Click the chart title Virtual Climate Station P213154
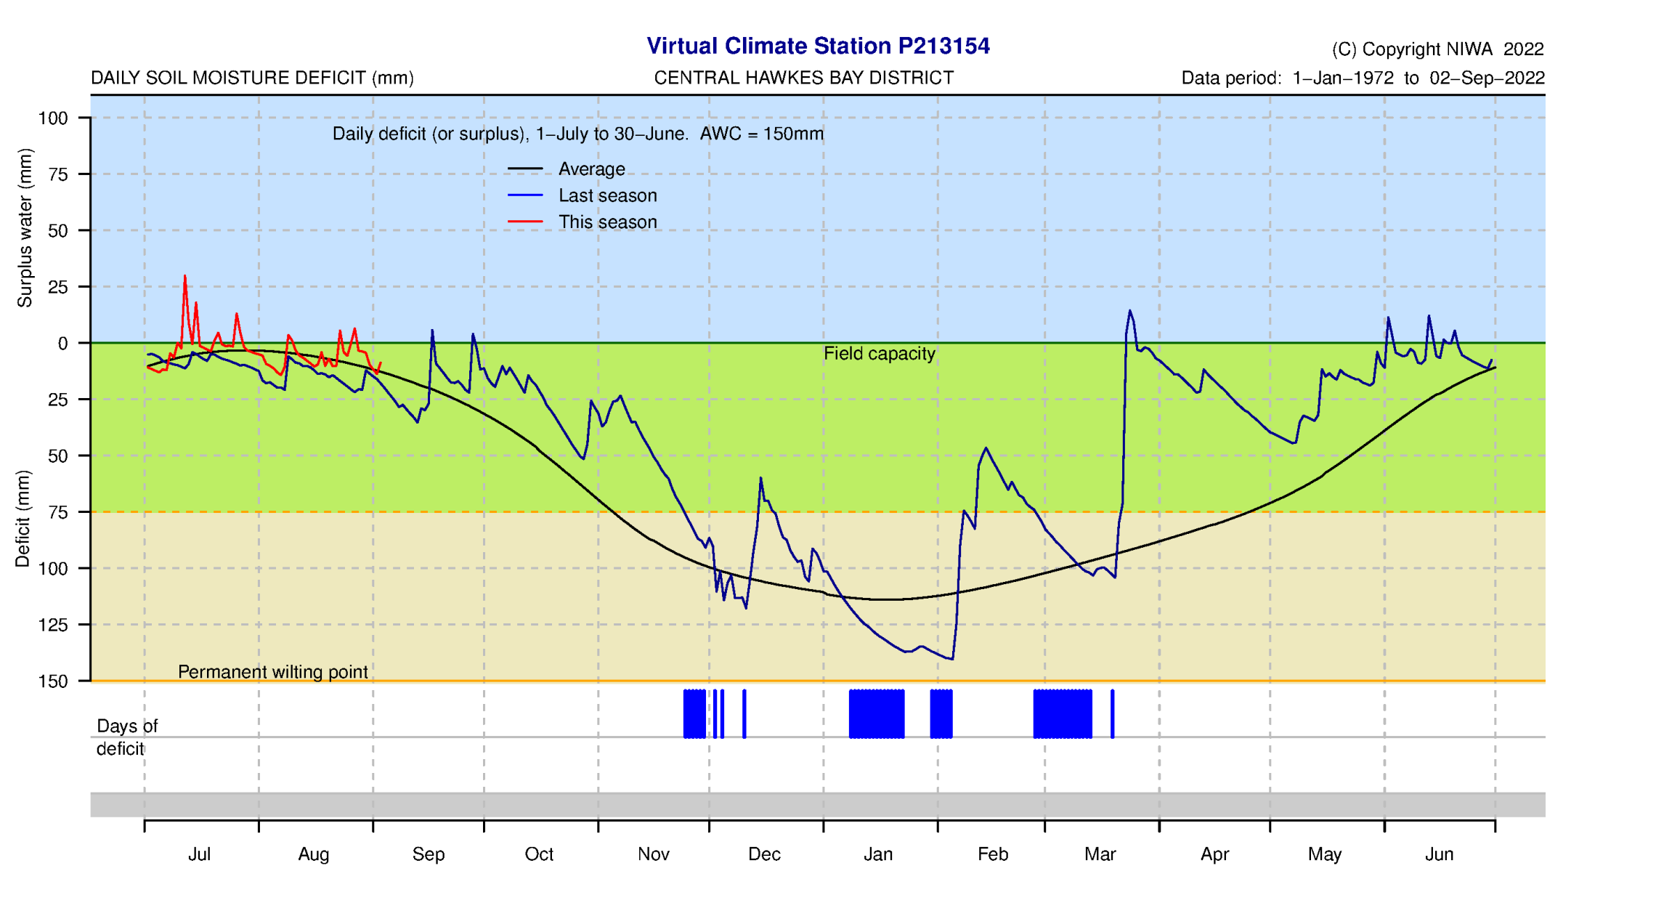[x=818, y=46]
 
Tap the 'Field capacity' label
[x=879, y=354]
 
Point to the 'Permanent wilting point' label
[x=272, y=672]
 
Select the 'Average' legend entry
[x=591, y=169]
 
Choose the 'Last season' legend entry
[x=607, y=196]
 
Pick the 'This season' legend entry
[x=607, y=222]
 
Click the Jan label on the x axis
[x=878, y=854]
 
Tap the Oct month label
[x=539, y=854]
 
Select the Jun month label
[x=1439, y=854]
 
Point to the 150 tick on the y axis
[x=53, y=681]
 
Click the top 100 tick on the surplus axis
[x=53, y=118]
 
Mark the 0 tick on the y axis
[x=62, y=344]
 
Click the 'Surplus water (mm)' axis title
[x=25, y=228]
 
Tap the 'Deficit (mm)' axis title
[x=23, y=519]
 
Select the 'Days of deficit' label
[x=126, y=737]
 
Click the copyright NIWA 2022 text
[x=1437, y=49]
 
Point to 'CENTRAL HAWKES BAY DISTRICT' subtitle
[x=803, y=78]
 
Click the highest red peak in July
[x=184, y=277]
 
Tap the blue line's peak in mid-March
[x=1129, y=311]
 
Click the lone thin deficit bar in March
[x=1112, y=714]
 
